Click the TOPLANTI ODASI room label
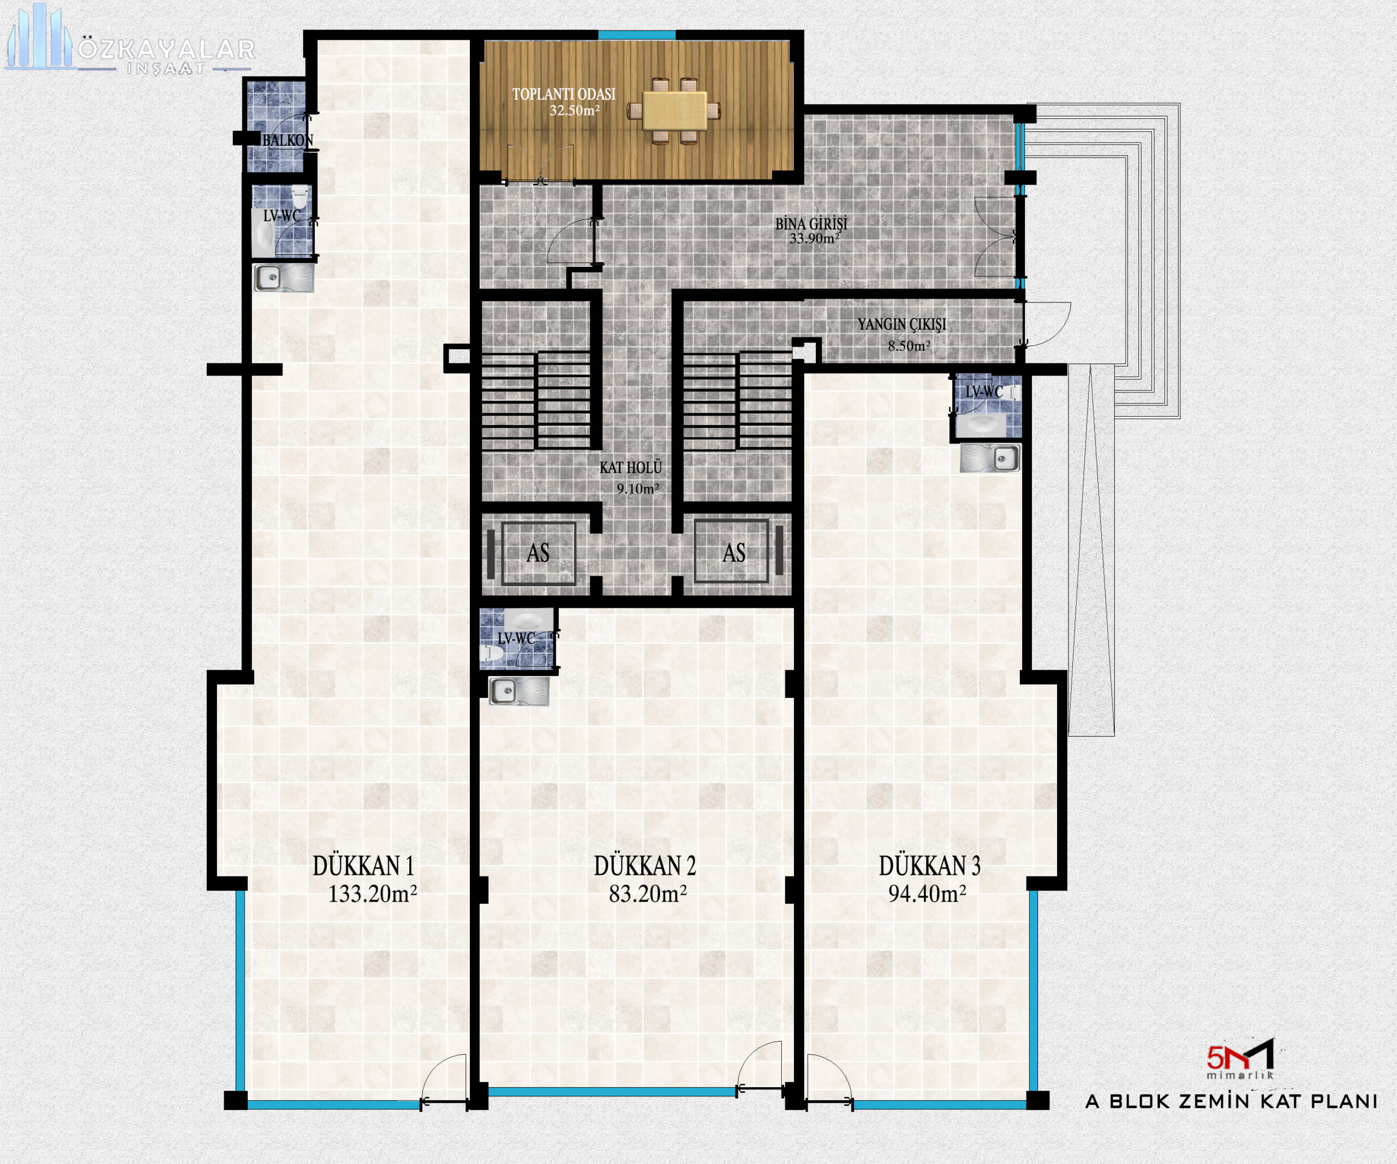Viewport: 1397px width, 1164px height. [564, 94]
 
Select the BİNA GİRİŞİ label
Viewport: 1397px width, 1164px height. [811, 224]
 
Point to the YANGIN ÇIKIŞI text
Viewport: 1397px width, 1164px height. [902, 325]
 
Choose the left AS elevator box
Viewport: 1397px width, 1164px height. [538, 553]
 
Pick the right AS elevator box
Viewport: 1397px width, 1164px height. [732, 553]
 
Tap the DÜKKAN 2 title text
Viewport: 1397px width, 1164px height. [644, 866]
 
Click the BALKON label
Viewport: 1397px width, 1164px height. [288, 140]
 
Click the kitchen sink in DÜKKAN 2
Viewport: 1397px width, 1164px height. [519, 691]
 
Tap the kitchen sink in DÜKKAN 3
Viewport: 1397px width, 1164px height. [990, 458]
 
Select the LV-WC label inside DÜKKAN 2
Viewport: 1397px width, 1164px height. [516, 638]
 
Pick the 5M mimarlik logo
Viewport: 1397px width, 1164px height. [1240, 1058]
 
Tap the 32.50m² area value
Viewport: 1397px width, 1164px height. [575, 110]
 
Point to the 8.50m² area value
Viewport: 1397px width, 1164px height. [909, 346]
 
